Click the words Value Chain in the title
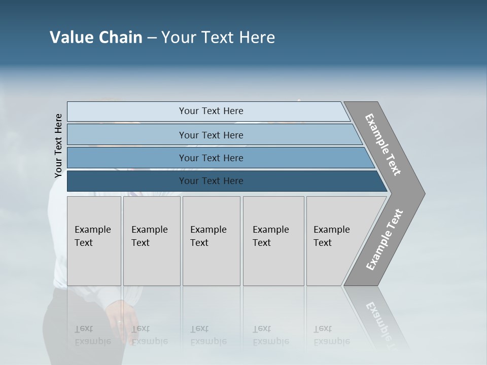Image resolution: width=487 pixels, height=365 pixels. [x=96, y=38]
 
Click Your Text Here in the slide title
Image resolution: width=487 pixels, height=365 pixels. [x=218, y=38]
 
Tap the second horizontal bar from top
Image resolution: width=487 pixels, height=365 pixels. [x=211, y=135]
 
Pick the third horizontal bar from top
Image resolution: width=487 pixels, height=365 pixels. [x=211, y=158]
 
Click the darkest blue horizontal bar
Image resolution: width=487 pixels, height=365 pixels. [x=211, y=181]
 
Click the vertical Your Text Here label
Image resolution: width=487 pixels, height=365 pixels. [x=58, y=145]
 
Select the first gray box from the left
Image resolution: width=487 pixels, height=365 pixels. [x=94, y=241]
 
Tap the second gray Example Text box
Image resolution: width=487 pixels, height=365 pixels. [x=151, y=241]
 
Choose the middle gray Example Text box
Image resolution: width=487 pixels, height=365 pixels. [x=211, y=241]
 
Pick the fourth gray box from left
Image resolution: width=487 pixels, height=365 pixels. [x=273, y=241]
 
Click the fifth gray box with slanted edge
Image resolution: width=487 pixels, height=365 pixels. [x=335, y=241]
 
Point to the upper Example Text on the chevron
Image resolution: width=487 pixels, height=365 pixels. [x=384, y=144]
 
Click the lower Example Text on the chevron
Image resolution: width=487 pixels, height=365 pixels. [x=385, y=240]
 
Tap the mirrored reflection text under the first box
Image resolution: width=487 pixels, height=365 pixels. [x=92, y=336]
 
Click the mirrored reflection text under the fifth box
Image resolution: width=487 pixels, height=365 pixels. [x=331, y=336]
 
